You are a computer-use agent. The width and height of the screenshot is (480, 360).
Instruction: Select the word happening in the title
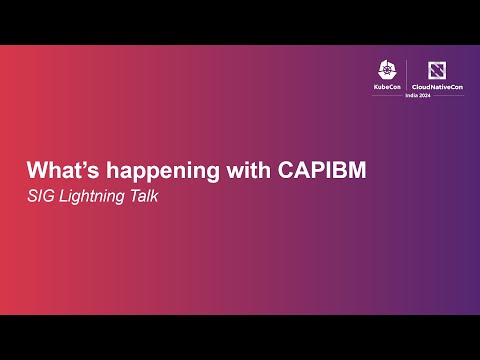(x=151, y=171)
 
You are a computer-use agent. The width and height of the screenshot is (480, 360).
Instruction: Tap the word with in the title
(x=236, y=170)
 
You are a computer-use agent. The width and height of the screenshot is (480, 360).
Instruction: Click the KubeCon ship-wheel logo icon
(x=386, y=71)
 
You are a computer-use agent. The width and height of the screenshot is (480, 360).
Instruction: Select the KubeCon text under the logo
(x=386, y=88)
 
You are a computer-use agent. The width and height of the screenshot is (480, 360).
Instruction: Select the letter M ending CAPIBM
(x=355, y=170)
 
